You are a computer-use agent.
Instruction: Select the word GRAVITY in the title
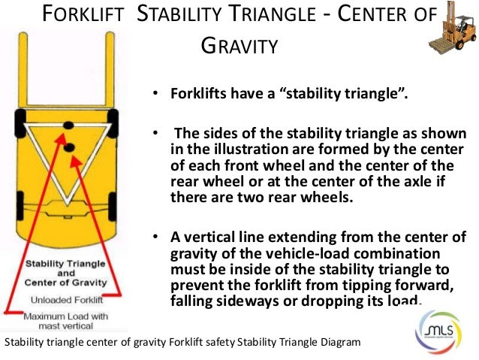point(241,47)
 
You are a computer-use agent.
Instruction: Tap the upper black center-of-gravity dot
point(68,125)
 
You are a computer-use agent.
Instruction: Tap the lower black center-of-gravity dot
point(69,148)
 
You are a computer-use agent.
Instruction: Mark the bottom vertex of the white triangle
point(67,207)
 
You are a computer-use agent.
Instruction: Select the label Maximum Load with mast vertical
point(64,320)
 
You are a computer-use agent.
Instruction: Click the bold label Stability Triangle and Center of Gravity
point(65,274)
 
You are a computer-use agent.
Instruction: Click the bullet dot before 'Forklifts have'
point(154,95)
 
